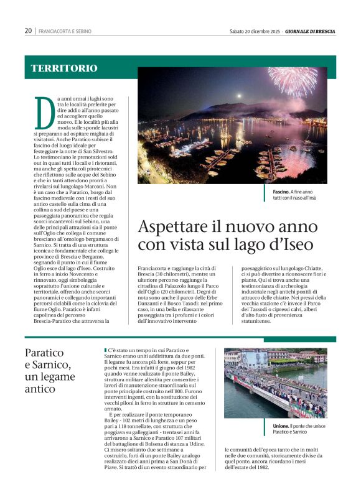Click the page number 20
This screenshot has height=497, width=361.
pyautogui.click(x=28, y=30)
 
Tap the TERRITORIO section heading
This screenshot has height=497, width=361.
pyautogui.click(x=64, y=68)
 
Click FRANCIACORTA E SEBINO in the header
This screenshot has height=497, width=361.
pyautogui.click(x=64, y=30)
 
